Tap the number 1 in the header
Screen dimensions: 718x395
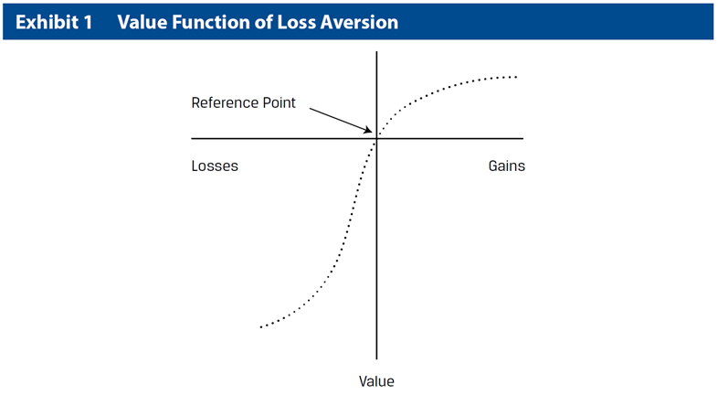(x=88, y=22)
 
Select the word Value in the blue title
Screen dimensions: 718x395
(x=143, y=22)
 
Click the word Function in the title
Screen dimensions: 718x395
(x=211, y=22)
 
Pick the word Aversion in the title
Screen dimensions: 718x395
(x=359, y=22)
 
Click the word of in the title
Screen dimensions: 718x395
(x=264, y=22)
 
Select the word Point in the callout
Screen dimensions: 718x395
(x=279, y=102)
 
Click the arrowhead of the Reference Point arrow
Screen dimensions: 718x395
(x=371, y=132)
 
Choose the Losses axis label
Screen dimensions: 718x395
(x=215, y=165)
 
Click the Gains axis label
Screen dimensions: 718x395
(x=506, y=165)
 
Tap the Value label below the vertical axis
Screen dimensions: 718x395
(x=376, y=381)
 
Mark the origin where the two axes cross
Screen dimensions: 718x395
(x=376, y=138)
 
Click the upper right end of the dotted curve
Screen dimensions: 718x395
(x=516, y=77)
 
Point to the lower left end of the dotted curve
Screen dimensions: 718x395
(x=261, y=326)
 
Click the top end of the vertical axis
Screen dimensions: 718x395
(x=376, y=52)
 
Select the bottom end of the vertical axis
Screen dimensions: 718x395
(x=376, y=358)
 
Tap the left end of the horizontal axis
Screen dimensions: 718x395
(x=192, y=138)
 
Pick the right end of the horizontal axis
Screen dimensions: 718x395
(x=523, y=138)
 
